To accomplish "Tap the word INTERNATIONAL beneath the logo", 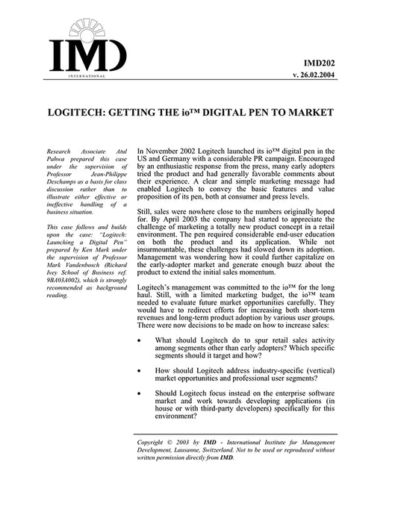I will [x=86, y=76].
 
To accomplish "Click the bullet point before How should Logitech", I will [x=141, y=369].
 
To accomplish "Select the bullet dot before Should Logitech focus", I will [x=141, y=393].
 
